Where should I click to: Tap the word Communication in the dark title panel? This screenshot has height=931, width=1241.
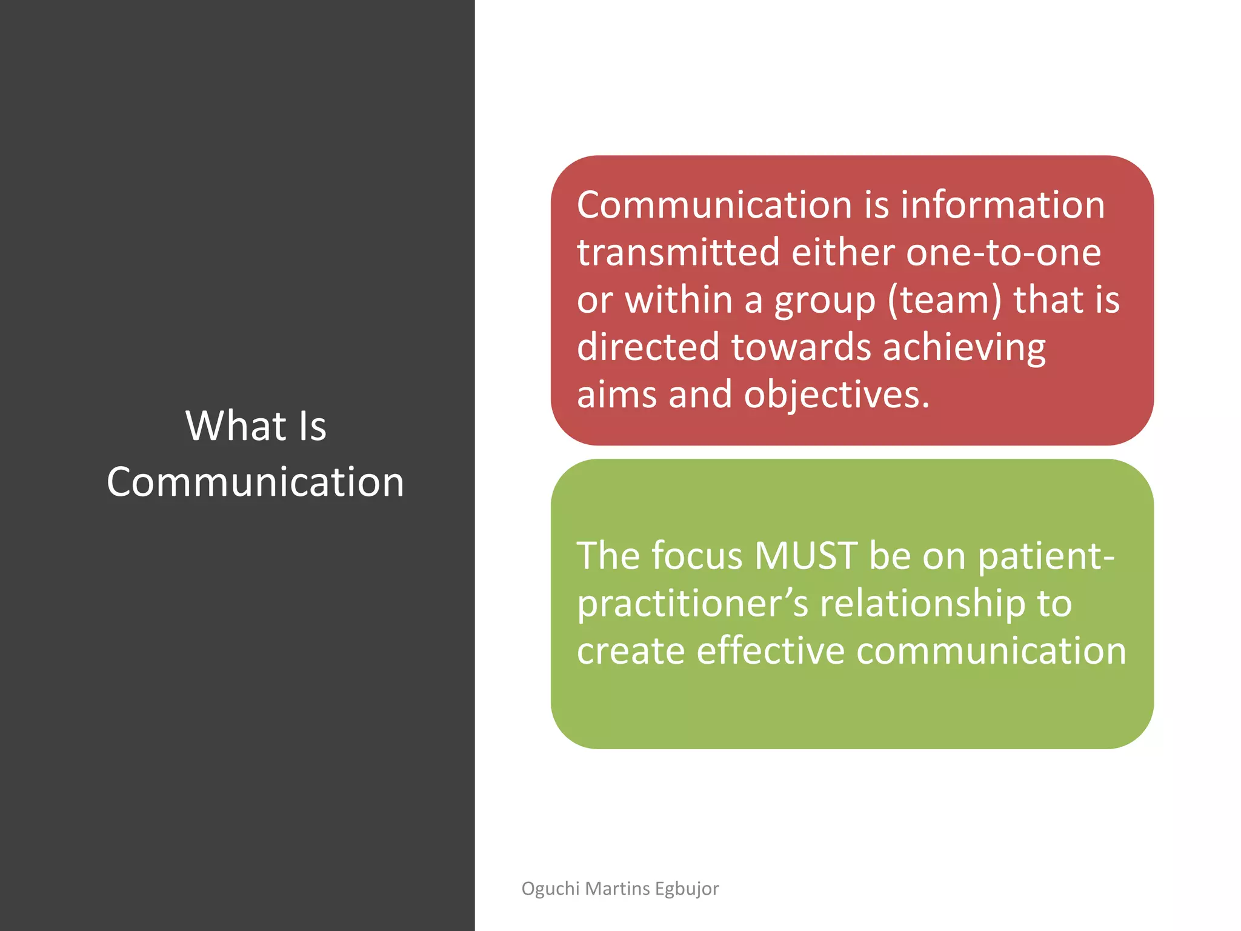click(x=255, y=482)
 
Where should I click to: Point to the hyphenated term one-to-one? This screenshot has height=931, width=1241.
click(x=1003, y=253)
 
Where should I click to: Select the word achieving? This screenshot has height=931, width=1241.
click(x=964, y=348)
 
